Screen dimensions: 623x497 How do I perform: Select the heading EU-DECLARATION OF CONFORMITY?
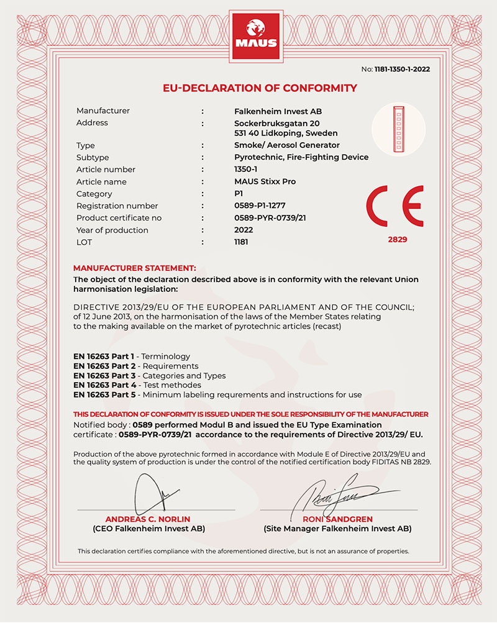coord(260,88)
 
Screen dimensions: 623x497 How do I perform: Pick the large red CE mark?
coord(396,206)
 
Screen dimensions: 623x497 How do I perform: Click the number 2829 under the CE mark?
coord(396,239)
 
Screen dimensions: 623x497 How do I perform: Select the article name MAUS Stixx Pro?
coord(261,182)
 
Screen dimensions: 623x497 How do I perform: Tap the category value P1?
coord(230,194)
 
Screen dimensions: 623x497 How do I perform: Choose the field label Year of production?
coord(112,230)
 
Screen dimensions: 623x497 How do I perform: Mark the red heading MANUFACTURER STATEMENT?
coord(135,268)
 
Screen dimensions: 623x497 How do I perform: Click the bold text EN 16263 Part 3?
coord(104,376)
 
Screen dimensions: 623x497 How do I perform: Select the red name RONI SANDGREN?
coord(337,519)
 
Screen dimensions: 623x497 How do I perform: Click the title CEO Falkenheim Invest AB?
coord(148,529)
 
